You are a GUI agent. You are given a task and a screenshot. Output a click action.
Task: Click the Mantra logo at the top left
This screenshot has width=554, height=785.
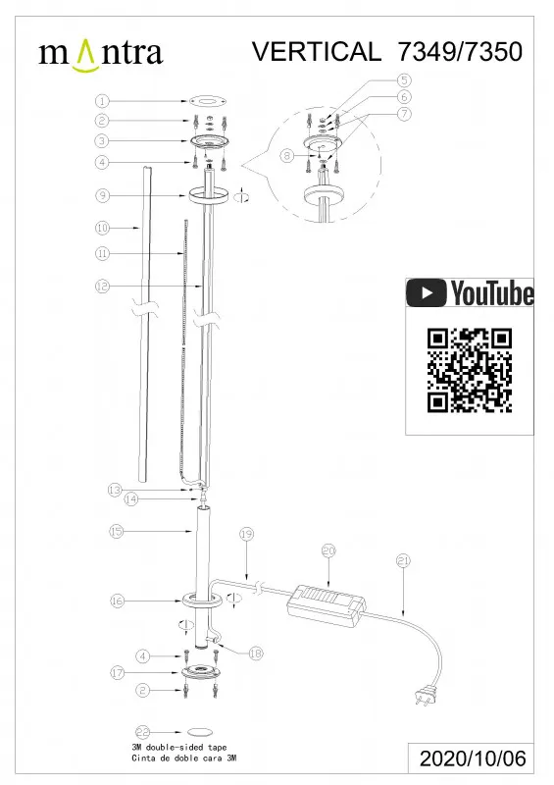point(101,54)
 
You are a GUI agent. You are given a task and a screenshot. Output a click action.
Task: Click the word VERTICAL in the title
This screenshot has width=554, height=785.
point(317,51)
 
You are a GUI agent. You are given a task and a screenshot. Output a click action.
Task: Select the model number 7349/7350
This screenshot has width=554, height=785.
point(460,51)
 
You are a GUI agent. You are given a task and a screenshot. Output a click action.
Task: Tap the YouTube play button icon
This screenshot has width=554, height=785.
point(426,292)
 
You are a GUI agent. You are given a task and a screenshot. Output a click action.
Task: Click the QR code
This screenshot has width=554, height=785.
point(470,371)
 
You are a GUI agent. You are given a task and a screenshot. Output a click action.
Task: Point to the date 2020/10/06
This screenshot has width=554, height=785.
point(473,759)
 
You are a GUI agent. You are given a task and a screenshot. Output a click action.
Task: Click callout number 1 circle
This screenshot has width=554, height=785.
point(102,101)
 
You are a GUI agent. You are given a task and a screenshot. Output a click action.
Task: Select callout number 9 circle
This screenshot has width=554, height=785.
point(102,195)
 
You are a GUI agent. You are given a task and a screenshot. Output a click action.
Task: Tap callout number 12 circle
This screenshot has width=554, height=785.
point(102,287)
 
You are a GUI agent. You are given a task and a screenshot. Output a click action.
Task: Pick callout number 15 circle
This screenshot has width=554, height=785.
point(116,531)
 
